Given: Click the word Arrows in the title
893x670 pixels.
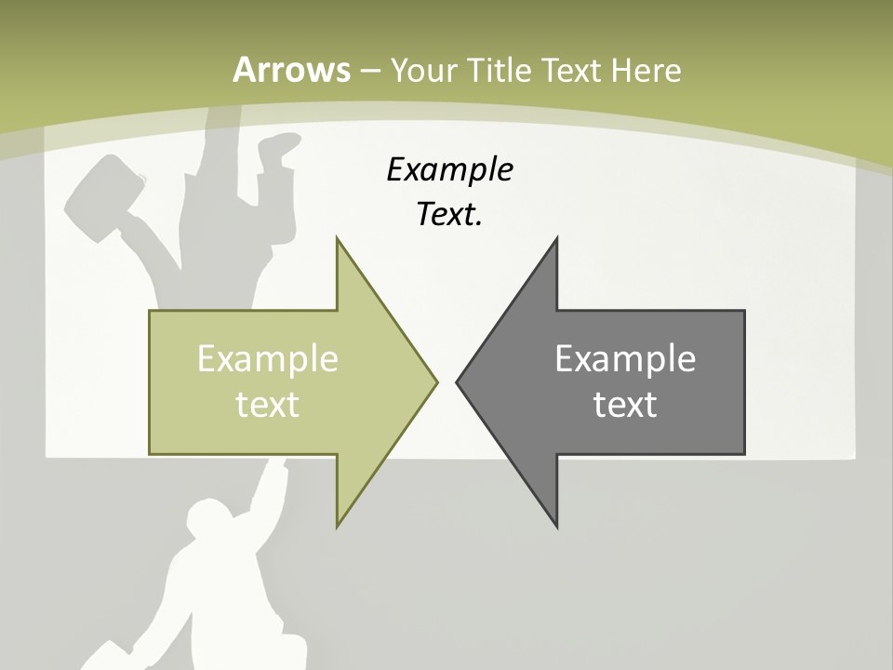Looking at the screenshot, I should [291, 70].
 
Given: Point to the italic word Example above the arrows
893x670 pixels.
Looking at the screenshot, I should [449, 169].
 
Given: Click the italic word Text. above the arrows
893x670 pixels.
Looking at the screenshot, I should [449, 215].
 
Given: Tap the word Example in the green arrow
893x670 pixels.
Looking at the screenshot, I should [268, 358].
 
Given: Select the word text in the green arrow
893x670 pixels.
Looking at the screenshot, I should [268, 404].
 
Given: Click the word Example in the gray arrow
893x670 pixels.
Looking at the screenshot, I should [625, 358].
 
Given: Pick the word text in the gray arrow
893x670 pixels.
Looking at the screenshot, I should [625, 404].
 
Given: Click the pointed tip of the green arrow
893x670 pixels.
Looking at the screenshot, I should [436, 382].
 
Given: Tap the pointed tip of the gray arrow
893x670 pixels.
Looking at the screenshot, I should [458, 382].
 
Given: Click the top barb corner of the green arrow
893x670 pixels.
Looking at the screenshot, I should [338, 239].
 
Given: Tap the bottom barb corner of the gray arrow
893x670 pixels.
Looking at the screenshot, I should [556, 526].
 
